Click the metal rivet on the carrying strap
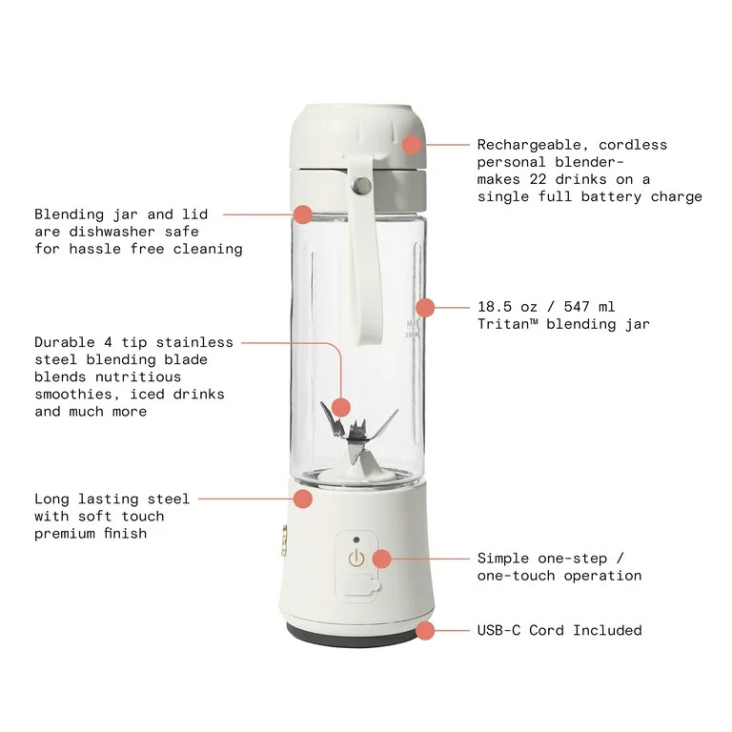[x=362, y=184]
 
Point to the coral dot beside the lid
[x=411, y=145]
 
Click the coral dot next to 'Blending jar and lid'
[x=302, y=213]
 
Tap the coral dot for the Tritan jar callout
[x=425, y=307]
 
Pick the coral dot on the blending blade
[x=340, y=407]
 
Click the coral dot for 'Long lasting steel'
[x=302, y=498]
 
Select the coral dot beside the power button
[x=381, y=559]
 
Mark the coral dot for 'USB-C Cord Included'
[x=424, y=630]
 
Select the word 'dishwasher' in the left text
[x=110, y=232]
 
